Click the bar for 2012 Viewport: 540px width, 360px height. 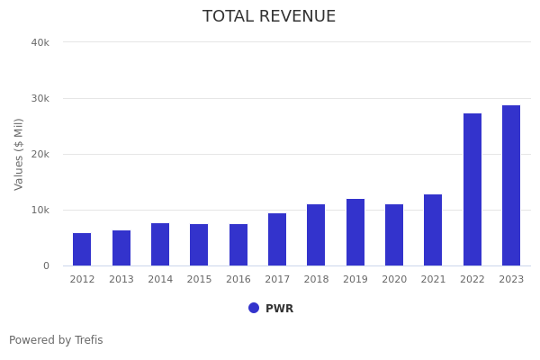coord(82,249)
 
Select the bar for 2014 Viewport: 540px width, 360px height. coord(160,245)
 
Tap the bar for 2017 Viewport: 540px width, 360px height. coord(277,239)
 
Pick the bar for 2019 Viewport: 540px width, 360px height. coord(355,232)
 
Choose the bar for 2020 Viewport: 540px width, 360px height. coord(394,235)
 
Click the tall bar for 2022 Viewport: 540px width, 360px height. coord(472,190)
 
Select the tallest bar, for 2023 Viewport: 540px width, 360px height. coord(511,185)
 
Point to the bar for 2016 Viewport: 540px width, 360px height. coord(238,245)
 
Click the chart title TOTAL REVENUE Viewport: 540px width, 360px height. coord(269,17)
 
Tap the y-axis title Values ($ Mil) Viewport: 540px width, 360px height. coord(19,154)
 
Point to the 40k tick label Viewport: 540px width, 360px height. coord(40,42)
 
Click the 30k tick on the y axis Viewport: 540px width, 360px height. coord(40,98)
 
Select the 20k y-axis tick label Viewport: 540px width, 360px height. coord(40,154)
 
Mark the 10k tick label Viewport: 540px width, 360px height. coord(40,210)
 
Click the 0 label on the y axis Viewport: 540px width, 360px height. coord(45,265)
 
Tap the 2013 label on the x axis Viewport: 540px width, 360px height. coord(121,279)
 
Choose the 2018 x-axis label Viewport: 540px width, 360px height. coord(316,279)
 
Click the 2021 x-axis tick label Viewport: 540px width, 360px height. coord(433,279)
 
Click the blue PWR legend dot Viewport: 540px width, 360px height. coord(254,308)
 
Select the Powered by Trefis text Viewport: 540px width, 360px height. coord(56,340)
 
